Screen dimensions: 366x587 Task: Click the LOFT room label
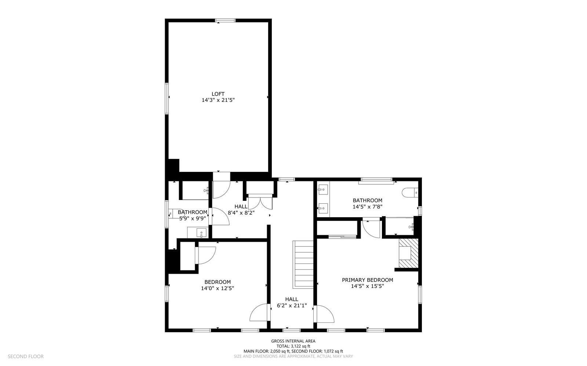click(218, 94)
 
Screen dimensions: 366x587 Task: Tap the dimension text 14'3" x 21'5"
click(218, 100)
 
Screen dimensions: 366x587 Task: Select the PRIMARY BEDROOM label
click(367, 280)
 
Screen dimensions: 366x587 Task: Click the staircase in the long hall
click(303, 265)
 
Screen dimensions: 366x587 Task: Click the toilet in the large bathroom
click(410, 192)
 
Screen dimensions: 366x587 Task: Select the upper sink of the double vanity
click(323, 190)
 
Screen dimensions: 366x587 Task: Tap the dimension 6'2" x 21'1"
click(292, 305)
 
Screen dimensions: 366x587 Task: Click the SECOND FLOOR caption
click(26, 356)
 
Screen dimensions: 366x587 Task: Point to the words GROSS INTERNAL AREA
click(293, 341)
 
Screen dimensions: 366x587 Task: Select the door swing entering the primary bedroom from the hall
click(325, 314)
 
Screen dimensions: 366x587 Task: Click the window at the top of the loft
click(225, 21)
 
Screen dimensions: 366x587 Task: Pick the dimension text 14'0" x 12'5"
click(218, 288)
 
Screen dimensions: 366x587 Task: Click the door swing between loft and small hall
click(221, 188)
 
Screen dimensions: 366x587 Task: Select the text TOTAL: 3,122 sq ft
click(293, 346)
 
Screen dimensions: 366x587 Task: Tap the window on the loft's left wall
click(167, 98)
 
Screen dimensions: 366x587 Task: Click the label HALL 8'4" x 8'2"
click(241, 209)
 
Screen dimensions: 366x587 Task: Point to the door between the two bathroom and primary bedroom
click(371, 229)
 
